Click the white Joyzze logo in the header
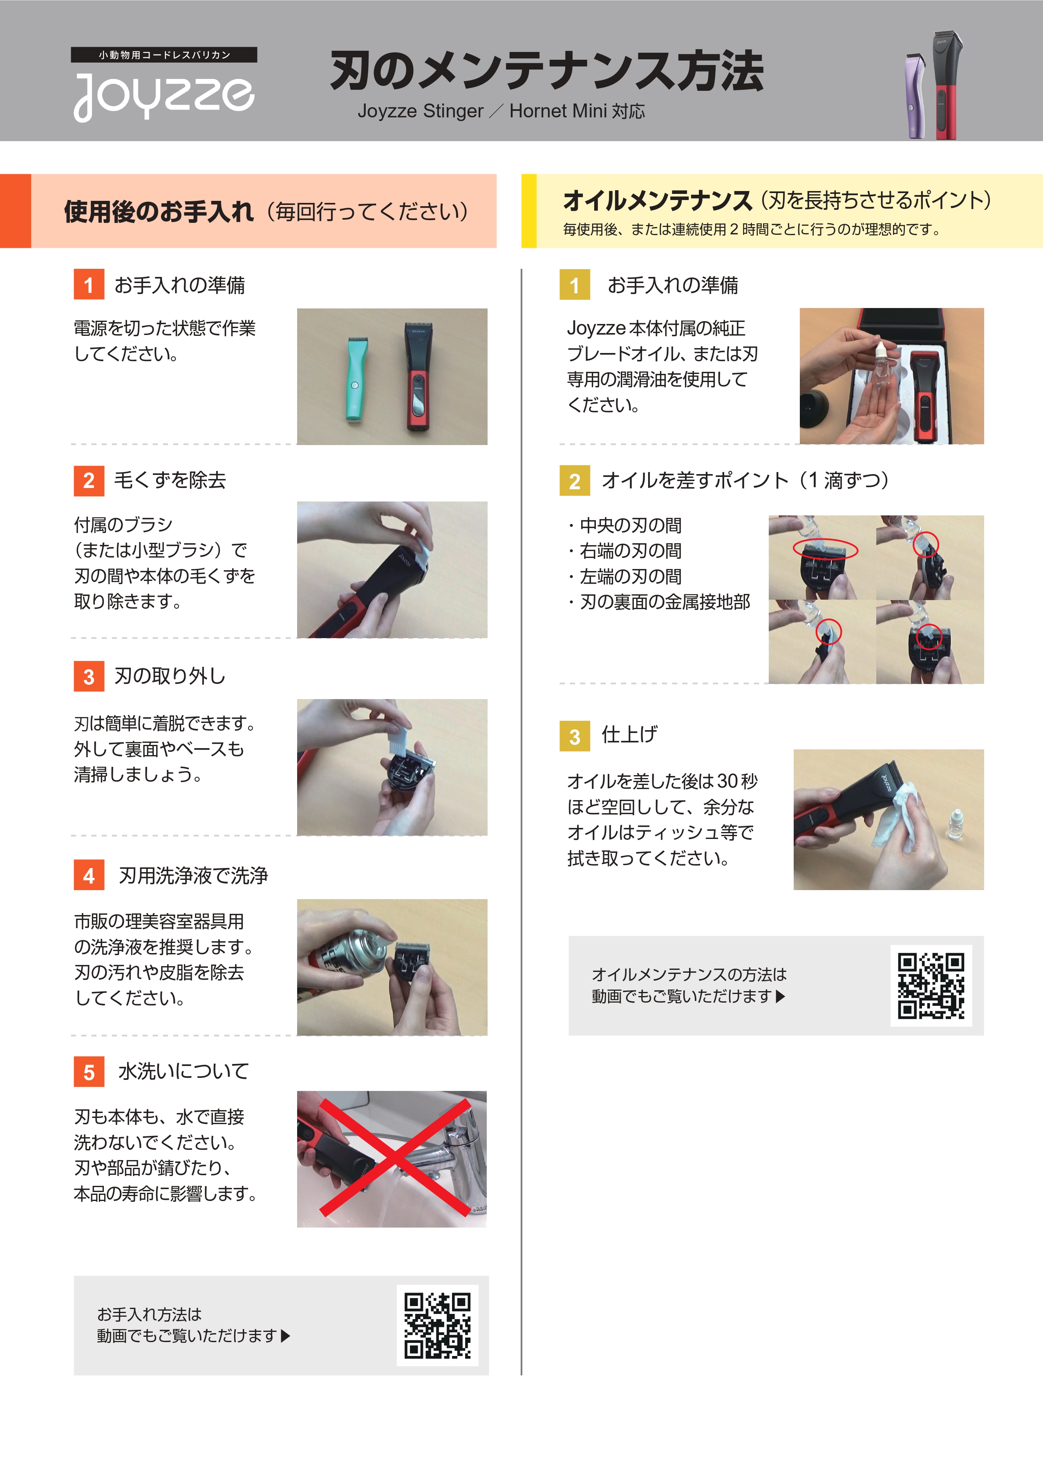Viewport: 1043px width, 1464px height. click(164, 97)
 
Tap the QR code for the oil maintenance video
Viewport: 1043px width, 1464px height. click(931, 985)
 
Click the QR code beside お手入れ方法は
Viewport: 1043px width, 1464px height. click(437, 1325)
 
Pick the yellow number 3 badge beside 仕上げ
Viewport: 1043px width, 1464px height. click(574, 736)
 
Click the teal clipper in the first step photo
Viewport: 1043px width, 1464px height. click(353, 379)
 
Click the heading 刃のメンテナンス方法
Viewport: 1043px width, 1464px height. click(546, 71)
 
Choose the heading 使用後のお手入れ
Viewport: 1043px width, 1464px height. click(159, 211)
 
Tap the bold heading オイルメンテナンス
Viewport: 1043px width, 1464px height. click(657, 200)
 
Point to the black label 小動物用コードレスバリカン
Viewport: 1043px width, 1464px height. click(164, 55)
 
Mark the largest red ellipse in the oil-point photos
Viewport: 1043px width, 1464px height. click(825, 548)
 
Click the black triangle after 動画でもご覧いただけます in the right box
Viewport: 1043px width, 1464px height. click(780, 996)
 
